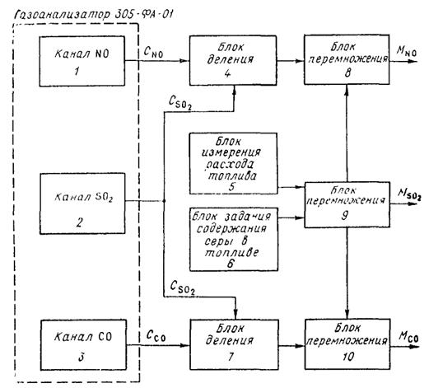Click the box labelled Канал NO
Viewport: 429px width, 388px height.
[82, 61]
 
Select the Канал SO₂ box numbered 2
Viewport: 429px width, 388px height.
[82, 203]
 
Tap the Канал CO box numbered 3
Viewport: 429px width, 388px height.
[83, 345]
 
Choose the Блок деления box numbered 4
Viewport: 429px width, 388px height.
[233, 60]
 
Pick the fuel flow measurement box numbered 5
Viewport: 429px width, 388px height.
[233, 164]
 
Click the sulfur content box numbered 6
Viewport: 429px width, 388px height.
[234, 240]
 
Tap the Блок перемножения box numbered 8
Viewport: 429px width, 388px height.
[347, 59]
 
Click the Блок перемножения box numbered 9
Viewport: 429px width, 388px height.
[347, 205]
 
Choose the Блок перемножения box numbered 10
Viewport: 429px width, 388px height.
[347, 344]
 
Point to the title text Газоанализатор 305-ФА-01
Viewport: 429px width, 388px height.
[94, 15]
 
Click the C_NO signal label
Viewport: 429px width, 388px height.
[153, 52]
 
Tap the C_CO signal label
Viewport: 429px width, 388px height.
[156, 335]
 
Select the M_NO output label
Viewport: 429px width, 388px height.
[406, 51]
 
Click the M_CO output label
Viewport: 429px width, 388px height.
[408, 336]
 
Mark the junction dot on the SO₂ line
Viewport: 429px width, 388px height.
[164, 201]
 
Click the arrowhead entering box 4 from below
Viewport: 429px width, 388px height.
[234, 90]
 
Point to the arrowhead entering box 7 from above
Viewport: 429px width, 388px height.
[235, 315]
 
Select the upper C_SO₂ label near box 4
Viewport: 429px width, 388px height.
[180, 104]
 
